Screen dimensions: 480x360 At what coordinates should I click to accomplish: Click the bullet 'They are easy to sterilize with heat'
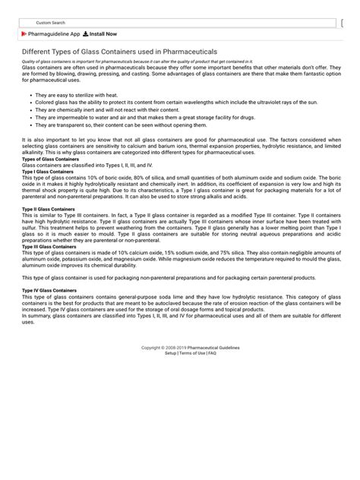(72, 95)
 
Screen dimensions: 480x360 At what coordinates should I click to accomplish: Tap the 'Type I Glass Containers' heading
(47, 172)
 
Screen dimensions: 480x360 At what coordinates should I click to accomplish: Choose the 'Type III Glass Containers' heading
(49, 247)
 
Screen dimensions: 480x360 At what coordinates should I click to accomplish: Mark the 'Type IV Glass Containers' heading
(49, 290)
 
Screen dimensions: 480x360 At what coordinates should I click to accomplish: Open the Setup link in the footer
(170, 353)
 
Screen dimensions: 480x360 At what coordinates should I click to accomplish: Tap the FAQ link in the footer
(213, 353)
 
